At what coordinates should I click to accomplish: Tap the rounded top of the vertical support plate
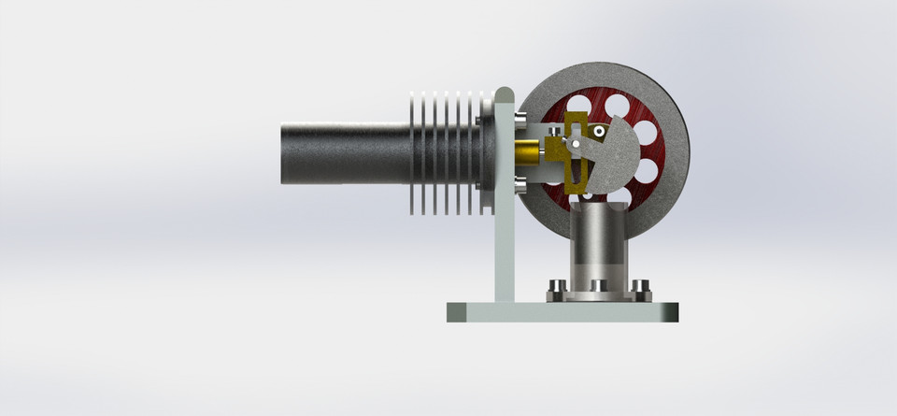(x=504, y=95)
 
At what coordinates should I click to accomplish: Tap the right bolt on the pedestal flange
(x=640, y=287)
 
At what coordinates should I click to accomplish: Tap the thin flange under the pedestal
(x=598, y=297)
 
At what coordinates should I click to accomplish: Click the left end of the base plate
(x=452, y=312)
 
